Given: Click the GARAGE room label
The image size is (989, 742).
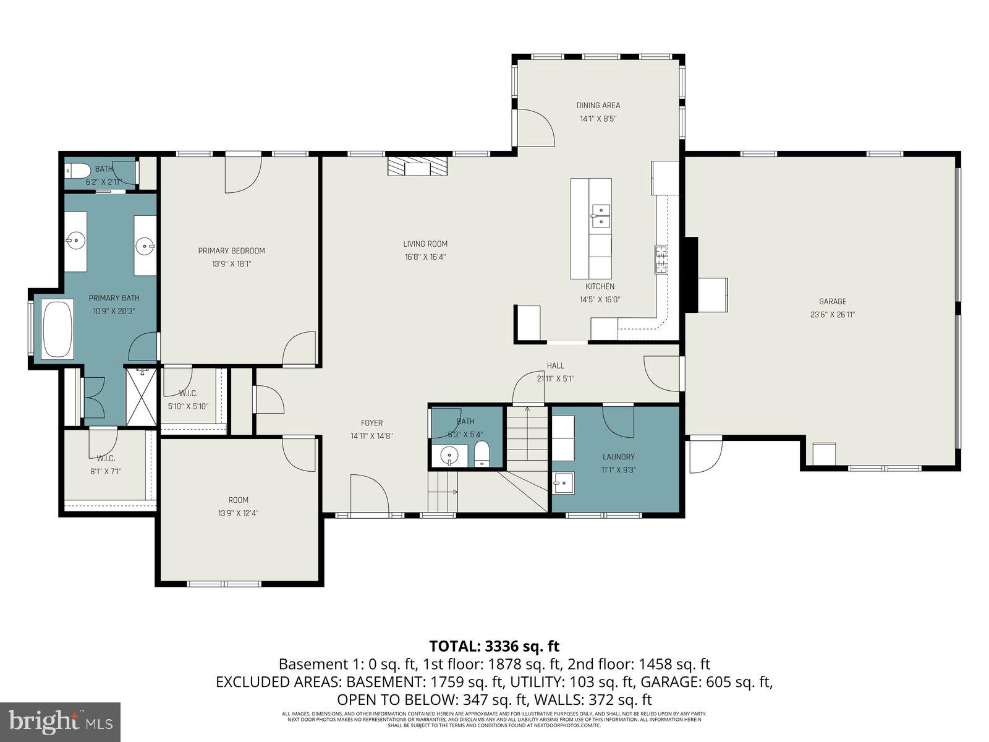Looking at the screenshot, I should (832, 301).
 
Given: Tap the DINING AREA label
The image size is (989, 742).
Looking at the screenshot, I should (598, 105).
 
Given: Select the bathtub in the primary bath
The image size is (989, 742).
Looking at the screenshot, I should (57, 329).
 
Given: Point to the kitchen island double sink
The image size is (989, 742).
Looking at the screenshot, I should (600, 216).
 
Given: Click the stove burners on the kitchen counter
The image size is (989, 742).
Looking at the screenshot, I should (661, 259).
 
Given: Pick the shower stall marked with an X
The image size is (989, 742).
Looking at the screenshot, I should (142, 396).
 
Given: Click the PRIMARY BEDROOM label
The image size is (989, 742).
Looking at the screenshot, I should (231, 250).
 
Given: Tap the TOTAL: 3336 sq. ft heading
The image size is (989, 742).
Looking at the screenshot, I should (494, 646).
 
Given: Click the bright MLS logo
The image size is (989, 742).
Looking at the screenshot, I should (60, 721).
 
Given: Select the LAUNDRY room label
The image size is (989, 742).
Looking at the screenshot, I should (618, 456).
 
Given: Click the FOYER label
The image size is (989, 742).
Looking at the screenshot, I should (371, 423).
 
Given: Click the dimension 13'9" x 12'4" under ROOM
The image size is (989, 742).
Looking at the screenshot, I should (238, 513).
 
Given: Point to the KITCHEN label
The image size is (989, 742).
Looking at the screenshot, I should (600, 286).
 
